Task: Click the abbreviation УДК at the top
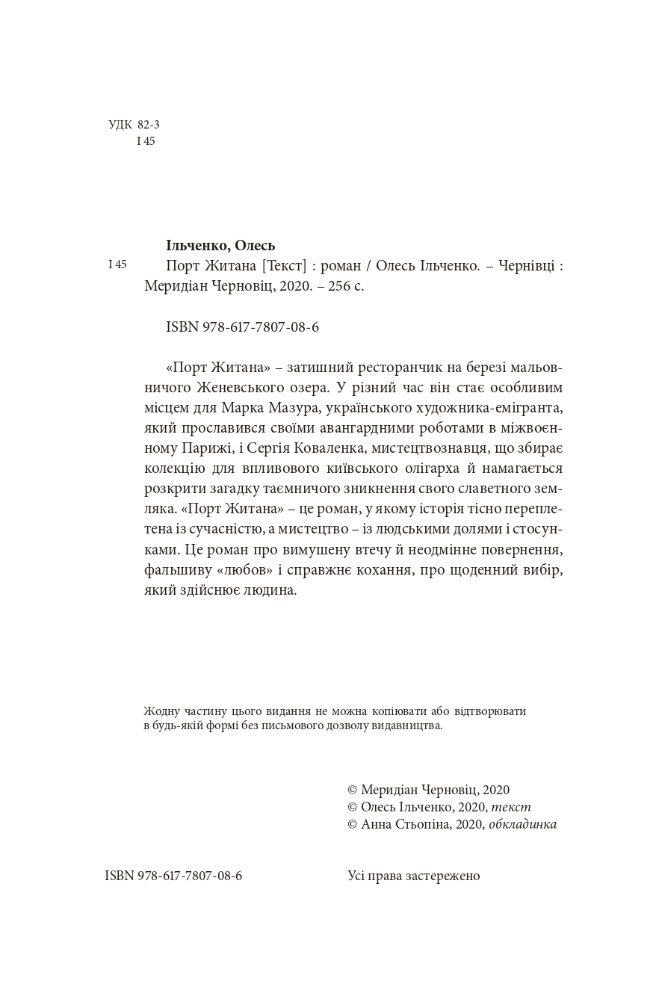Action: click(x=120, y=125)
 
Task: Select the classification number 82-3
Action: click(x=149, y=125)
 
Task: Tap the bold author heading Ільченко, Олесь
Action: click(x=220, y=245)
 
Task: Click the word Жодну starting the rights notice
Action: click(x=159, y=711)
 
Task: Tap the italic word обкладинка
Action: click(x=522, y=824)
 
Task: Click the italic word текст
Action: click(x=510, y=807)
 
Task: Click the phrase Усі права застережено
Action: click(x=414, y=876)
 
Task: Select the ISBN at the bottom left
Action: click(x=173, y=876)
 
